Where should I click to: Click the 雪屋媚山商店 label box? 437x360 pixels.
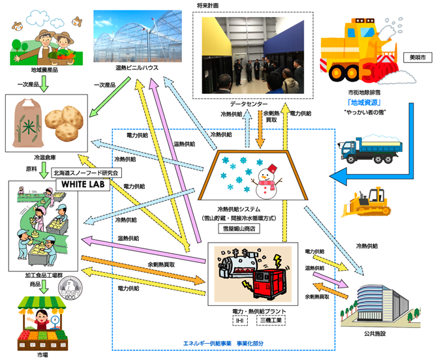tap(256, 230)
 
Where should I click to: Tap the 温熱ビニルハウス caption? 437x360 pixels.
tap(130, 68)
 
